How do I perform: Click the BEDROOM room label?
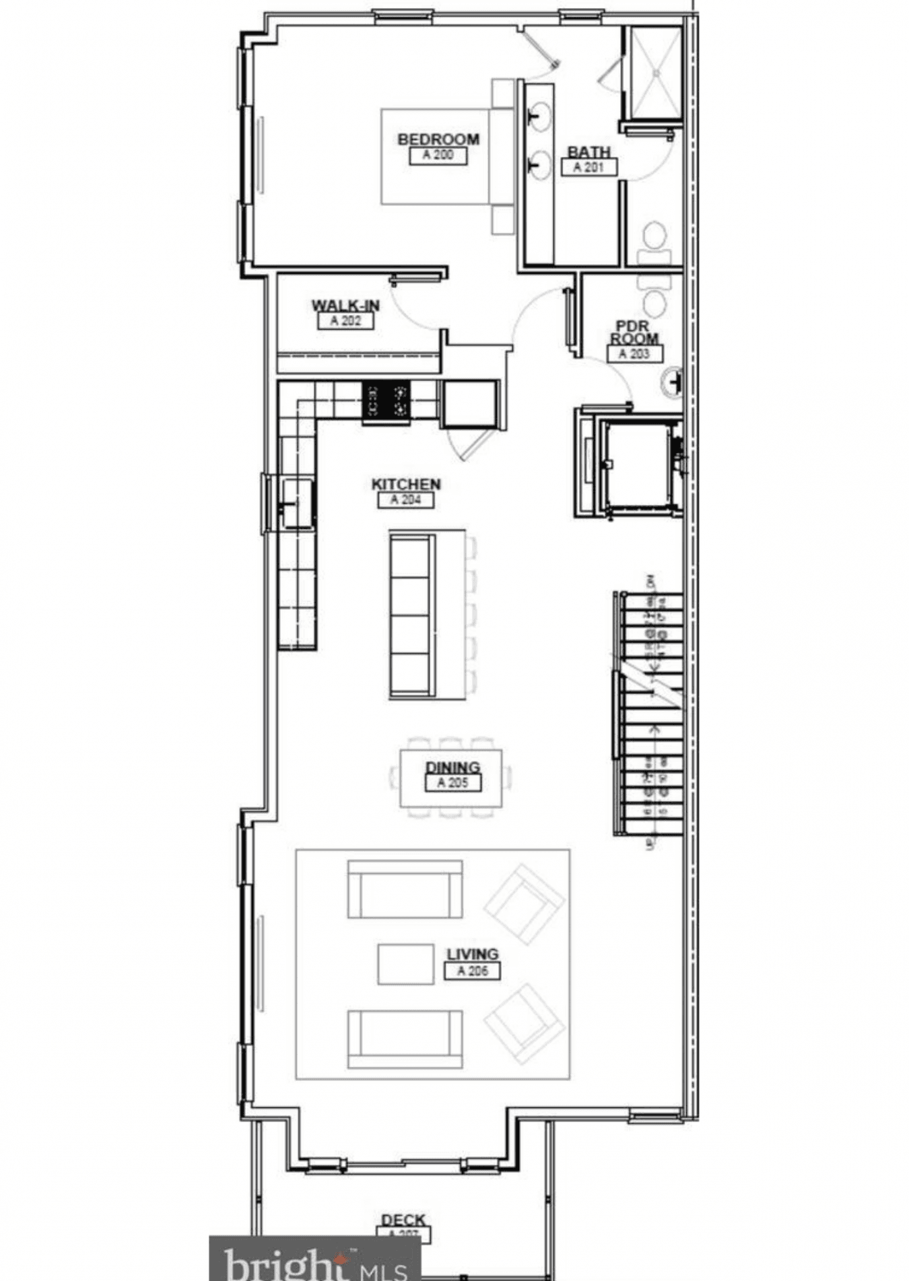pos(438,139)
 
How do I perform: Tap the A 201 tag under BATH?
pos(588,167)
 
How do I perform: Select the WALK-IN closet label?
pos(345,306)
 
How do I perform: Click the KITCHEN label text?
pos(406,484)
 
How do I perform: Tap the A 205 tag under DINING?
pos(452,782)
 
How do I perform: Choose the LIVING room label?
pos(472,954)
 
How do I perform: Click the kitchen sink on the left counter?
pos(296,503)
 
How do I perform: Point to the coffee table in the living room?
pos(405,963)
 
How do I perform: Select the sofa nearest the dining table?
pos(405,889)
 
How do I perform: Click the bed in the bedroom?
pos(444,156)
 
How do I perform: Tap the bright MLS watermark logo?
pos(314,1260)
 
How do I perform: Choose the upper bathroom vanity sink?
pos(539,116)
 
